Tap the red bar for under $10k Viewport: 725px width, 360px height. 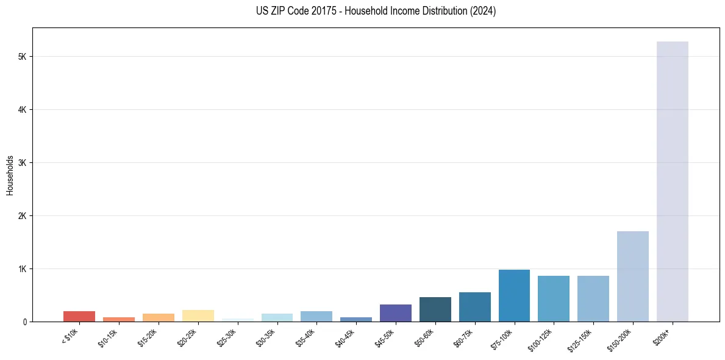pos(79,316)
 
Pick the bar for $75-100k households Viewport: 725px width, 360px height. pos(514,295)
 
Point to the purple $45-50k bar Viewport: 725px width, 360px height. pos(395,313)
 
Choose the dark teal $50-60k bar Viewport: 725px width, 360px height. pos(435,309)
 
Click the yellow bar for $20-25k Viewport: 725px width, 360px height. pos(198,315)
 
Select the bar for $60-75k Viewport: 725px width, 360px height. pos(474,307)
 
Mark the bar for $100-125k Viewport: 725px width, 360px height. pos(554,298)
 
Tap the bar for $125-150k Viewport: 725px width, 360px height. pos(593,298)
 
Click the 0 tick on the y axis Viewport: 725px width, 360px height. pos(24,322)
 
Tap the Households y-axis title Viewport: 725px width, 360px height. pos(10,175)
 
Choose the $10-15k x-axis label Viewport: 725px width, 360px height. pos(109,337)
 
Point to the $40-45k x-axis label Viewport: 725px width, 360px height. pos(346,337)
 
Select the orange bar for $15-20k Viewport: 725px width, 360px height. pos(158,317)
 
